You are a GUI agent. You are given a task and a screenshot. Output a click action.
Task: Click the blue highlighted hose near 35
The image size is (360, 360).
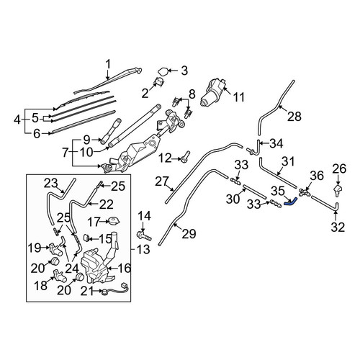click(291, 201)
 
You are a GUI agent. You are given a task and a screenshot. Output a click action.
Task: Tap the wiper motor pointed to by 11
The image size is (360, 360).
click(212, 92)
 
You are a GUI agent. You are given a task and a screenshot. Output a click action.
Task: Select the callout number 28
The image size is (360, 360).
click(294, 117)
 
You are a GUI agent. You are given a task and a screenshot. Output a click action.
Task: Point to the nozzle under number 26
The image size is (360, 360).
click(338, 189)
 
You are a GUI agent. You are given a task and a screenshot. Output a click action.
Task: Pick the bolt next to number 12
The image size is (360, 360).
click(186, 156)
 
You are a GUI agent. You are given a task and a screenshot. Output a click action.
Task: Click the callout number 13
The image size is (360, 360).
click(144, 249)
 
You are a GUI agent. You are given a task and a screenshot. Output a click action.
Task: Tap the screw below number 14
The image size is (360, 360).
click(144, 235)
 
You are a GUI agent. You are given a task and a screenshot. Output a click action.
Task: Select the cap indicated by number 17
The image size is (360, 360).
click(113, 221)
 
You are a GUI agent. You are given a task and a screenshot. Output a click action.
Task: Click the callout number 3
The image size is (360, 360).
click(184, 71)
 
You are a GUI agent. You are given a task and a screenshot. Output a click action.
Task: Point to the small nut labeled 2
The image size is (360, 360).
click(158, 81)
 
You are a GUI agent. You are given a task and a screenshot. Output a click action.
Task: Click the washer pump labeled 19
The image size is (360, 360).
click(55, 250)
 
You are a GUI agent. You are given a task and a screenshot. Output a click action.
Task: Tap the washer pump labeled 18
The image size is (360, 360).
click(59, 276)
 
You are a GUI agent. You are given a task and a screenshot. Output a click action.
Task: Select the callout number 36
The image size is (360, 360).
click(317, 176)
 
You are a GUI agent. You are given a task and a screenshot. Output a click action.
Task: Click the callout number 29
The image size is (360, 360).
click(189, 234)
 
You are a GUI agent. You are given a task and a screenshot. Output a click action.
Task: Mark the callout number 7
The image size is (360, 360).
click(66, 153)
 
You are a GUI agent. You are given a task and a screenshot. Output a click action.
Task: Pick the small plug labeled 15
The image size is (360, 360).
click(86, 238)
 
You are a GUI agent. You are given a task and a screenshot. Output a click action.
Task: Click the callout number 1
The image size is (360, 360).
click(108, 64)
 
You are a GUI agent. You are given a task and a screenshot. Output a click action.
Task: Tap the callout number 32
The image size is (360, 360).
click(338, 227)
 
